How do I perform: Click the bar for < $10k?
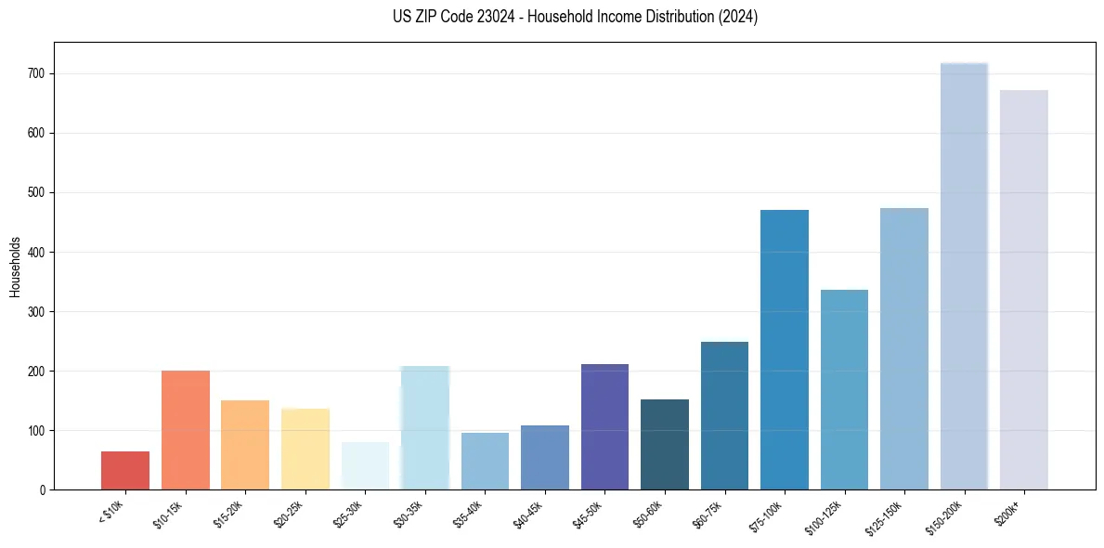[125, 471]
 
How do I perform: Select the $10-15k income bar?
[185, 430]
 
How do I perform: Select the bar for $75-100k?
[785, 350]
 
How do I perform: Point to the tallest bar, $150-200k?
[964, 277]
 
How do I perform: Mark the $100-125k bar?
[844, 390]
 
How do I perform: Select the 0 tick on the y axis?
[45, 489]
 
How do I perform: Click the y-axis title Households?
[16, 266]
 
